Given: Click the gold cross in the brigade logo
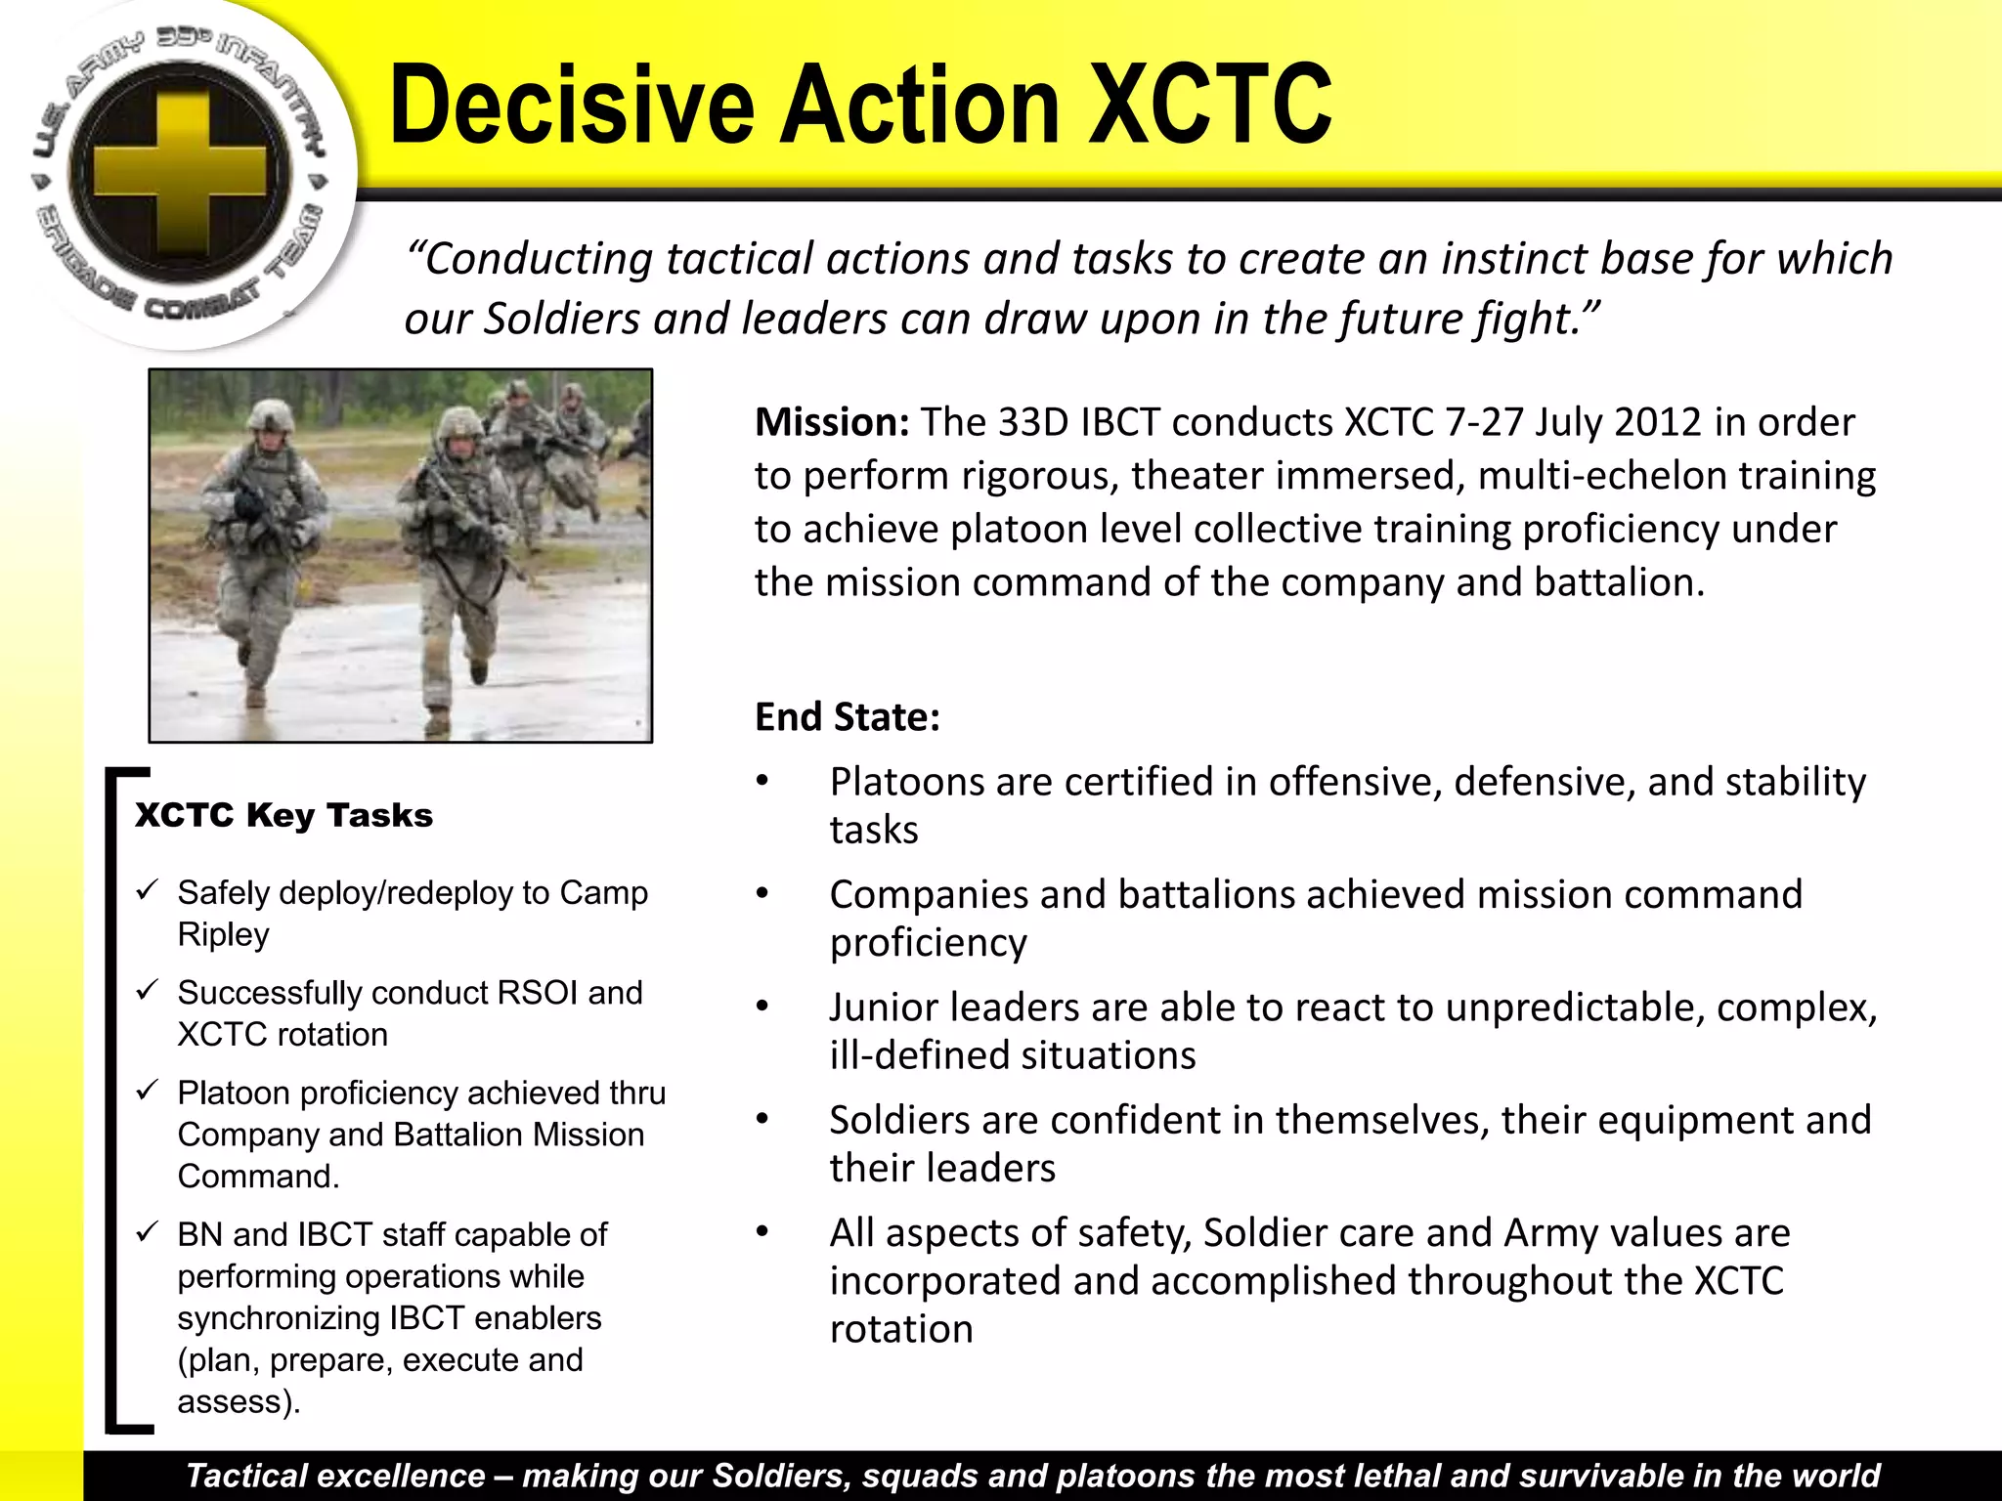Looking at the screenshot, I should click(180, 177).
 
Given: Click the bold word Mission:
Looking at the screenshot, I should click(832, 422).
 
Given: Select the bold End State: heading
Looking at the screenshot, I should click(847, 716).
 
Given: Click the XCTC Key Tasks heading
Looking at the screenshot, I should click(283, 814).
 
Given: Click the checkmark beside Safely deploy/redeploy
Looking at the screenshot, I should click(148, 890).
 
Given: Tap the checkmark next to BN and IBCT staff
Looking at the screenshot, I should click(148, 1232).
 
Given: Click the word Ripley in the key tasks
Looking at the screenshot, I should click(223, 935).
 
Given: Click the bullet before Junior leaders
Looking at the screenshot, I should click(762, 1007).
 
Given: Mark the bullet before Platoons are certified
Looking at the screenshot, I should click(762, 781).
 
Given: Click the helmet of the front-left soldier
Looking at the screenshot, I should click(270, 414).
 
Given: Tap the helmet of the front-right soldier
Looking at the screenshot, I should click(459, 422).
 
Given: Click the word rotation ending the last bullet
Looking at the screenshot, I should click(900, 1330).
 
